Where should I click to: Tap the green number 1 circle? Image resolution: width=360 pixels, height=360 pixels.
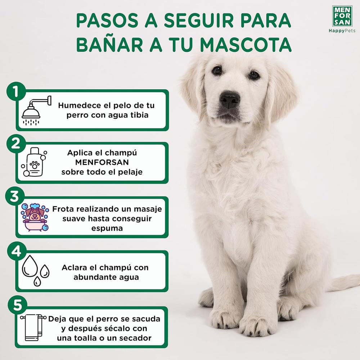click(x=16, y=91)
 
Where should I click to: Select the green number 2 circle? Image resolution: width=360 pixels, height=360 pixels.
click(x=16, y=144)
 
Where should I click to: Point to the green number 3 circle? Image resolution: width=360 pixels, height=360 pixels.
click(x=15, y=197)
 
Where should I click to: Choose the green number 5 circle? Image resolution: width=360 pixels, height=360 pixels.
click(x=18, y=305)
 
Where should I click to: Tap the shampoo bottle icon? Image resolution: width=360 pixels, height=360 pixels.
click(x=34, y=162)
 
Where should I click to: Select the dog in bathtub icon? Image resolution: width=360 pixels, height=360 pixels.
click(x=35, y=217)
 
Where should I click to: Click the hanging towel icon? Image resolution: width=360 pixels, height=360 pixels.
click(x=33, y=327)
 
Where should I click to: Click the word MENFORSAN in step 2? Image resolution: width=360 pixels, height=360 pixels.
click(x=102, y=162)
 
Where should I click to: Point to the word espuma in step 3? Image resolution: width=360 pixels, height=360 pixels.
click(x=107, y=229)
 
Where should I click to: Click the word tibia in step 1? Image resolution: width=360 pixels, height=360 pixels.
click(x=139, y=115)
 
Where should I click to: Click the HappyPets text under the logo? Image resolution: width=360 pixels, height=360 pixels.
click(x=342, y=31)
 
